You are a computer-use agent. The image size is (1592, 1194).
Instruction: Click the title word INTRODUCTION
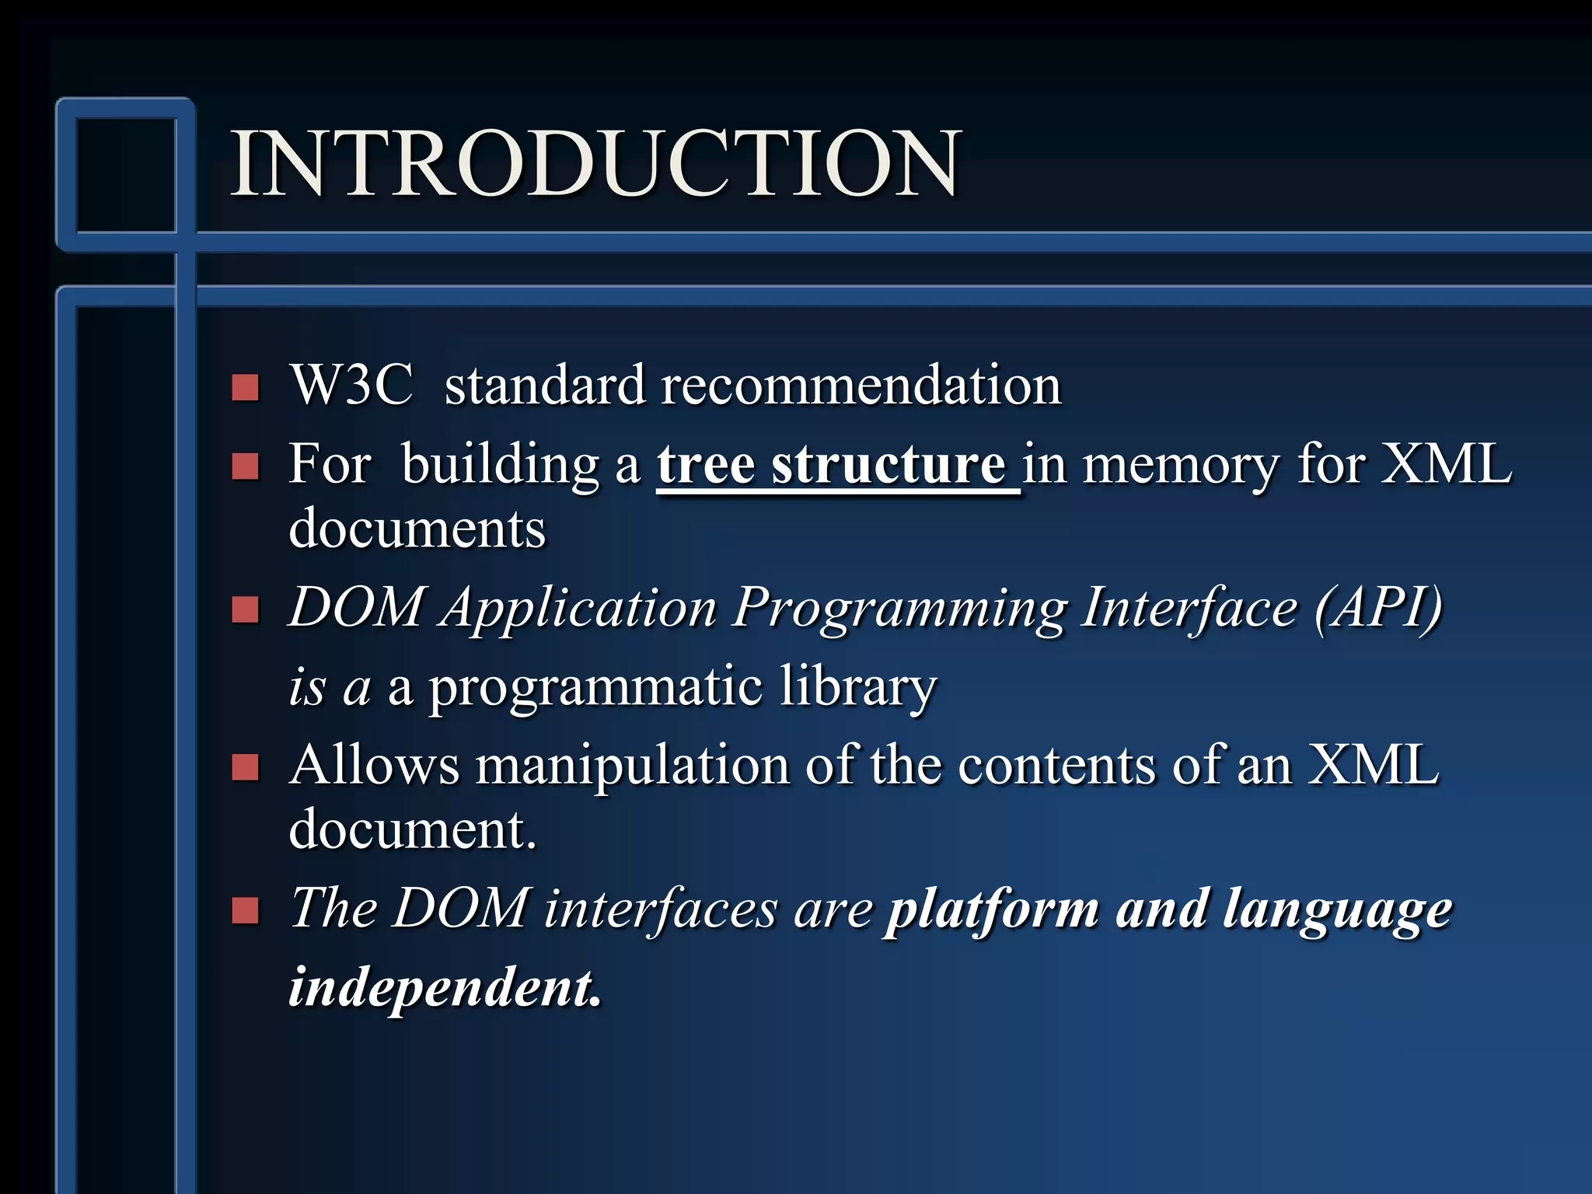click(596, 163)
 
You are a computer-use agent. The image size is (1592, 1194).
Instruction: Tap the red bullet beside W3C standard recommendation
click(246, 387)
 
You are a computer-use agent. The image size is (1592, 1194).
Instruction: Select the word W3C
click(351, 385)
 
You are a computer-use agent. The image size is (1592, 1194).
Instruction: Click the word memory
click(1180, 466)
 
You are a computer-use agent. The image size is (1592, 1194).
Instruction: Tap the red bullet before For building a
click(246, 466)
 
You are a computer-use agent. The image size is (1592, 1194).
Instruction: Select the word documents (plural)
click(417, 529)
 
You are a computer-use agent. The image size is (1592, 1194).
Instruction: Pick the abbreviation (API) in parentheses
click(1378, 608)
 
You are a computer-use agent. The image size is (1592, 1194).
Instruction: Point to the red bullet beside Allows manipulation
click(246, 767)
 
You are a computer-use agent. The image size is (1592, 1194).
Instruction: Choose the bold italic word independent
click(445, 987)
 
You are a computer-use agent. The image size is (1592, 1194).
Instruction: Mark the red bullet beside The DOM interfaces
click(246, 910)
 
